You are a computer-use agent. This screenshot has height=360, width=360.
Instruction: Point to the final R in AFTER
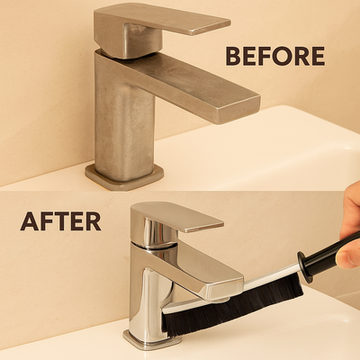tap(93, 220)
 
